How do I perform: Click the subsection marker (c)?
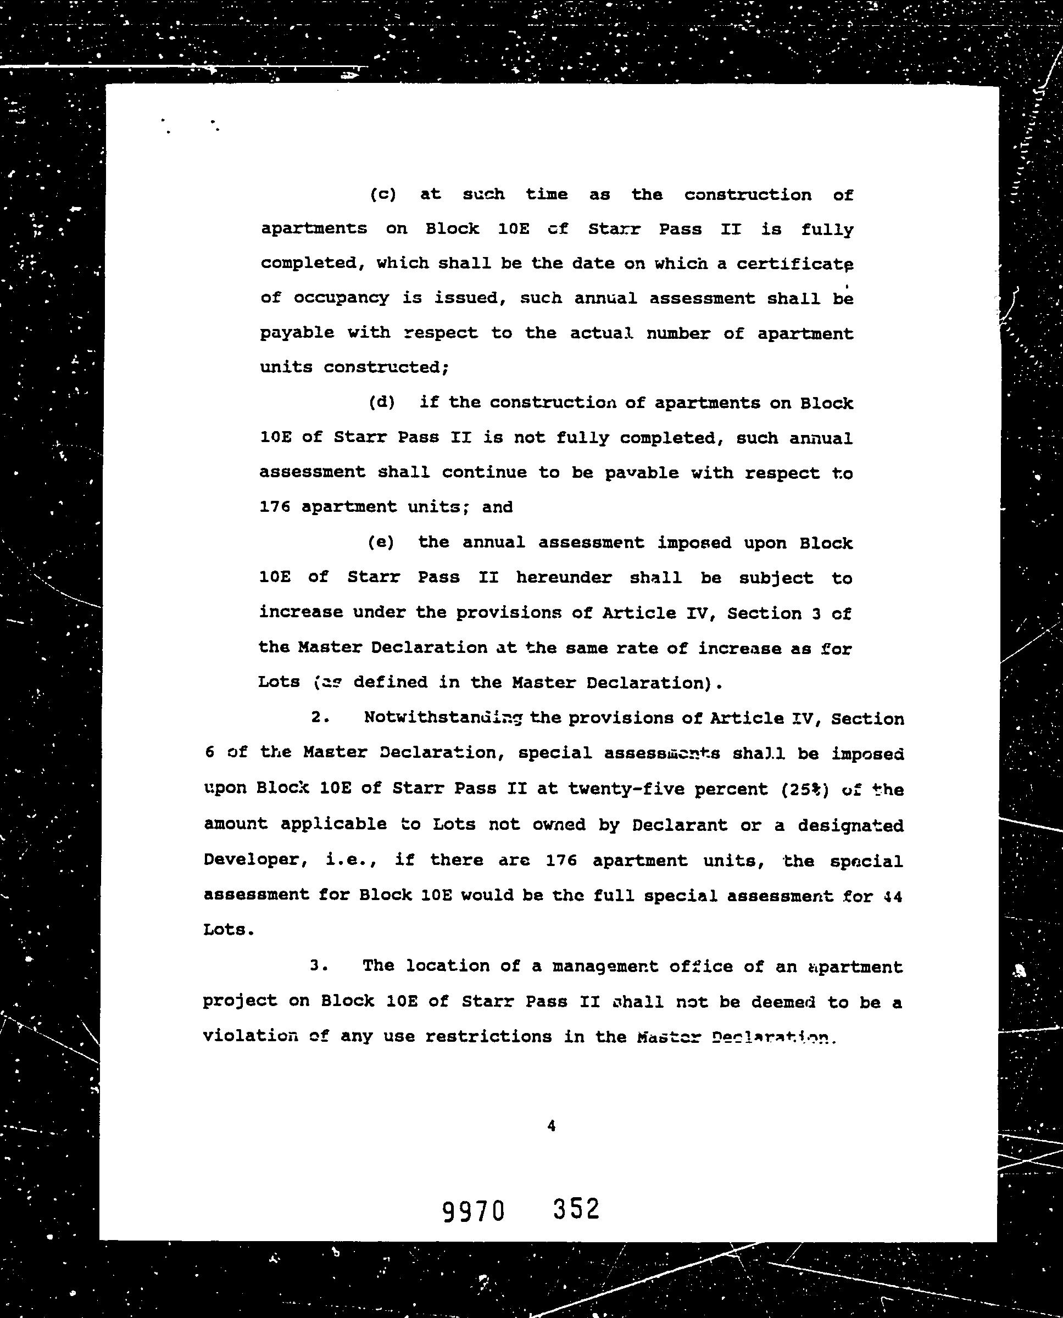383,194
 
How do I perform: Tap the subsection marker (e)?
381,543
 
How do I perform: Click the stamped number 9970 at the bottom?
474,1211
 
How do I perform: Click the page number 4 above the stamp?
551,1125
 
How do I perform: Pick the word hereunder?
563,577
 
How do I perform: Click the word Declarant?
680,825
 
